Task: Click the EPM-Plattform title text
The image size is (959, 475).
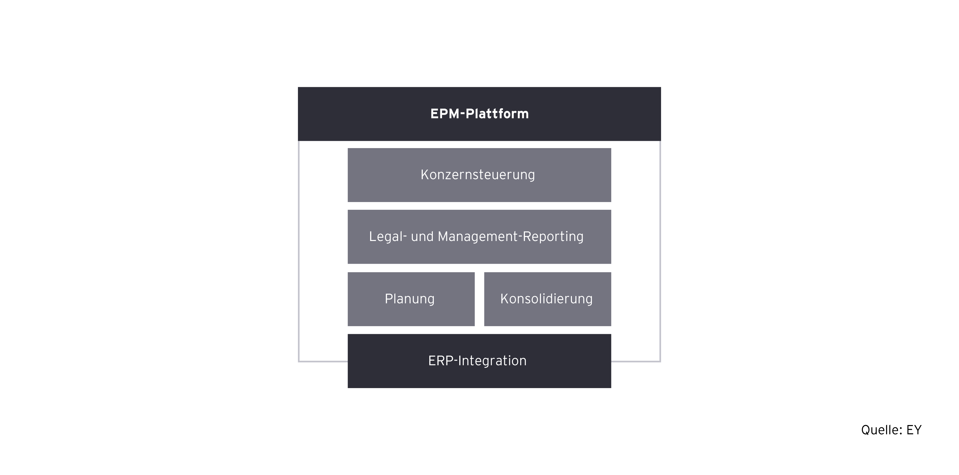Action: point(479,114)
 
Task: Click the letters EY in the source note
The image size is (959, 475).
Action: point(914,430)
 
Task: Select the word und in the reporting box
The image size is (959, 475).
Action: point(422,237)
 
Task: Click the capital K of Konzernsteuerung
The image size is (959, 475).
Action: point(424,175)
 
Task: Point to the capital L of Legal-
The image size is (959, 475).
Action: point(372,237)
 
